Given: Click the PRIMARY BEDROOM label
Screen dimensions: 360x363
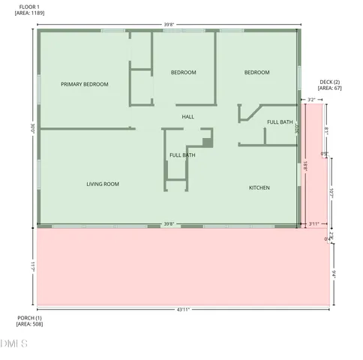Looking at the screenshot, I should coord(84,85).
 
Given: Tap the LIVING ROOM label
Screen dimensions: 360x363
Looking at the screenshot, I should coord(102,184).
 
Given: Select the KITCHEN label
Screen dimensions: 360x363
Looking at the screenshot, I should coord(259,187).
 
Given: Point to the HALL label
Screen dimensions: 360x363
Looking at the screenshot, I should coord(187,117).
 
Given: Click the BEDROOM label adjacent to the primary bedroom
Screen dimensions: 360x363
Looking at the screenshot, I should coord(183,73).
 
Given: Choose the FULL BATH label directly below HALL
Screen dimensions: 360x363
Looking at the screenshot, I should coord(182,155).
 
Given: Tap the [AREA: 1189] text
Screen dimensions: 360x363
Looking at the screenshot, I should coord(29,13).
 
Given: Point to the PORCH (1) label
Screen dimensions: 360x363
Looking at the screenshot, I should coord(29,318).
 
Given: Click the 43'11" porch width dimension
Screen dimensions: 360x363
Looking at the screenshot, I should coord(183,309).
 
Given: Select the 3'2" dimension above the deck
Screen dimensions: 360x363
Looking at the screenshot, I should coord(310,99).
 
